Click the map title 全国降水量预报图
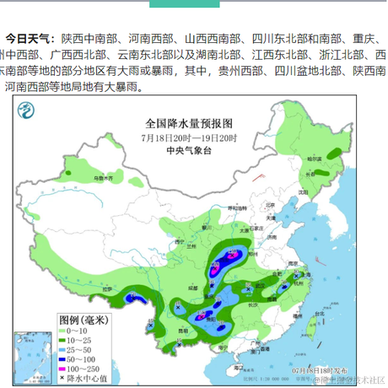point(189,124)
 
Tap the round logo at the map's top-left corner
point(30,111)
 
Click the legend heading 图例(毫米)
point(84,320)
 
